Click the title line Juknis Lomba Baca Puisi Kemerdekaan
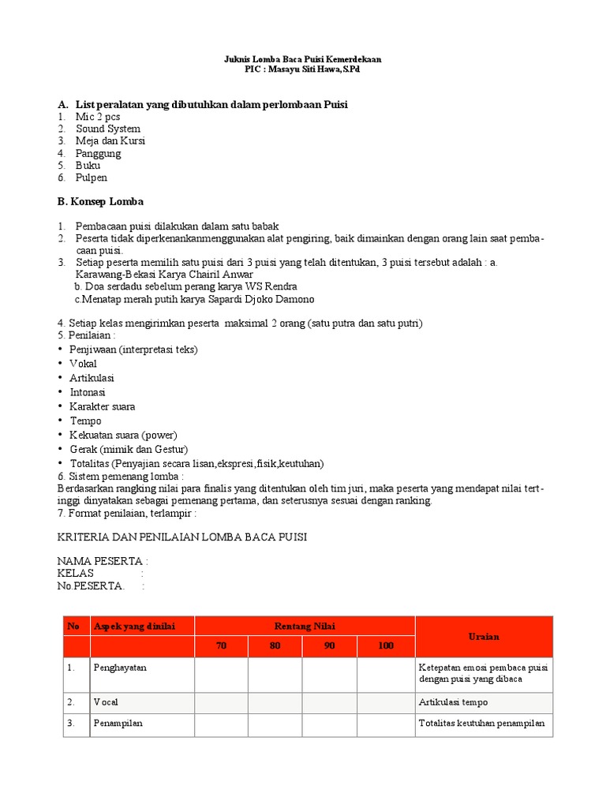coord(303,59)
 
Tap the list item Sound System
coord(108,129)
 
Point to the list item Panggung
coord(99,153)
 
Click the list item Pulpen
coord(92,178)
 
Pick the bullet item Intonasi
coord(88,392)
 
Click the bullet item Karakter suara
coord(103,406)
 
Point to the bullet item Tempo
coord(85,421)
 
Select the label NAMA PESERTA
coord(101,561)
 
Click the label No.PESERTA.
coord(90,585)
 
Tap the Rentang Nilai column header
coord(305,626)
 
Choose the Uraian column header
coord(484,636)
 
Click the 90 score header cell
coord(330,646)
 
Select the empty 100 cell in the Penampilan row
coord(385,724)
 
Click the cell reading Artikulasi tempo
coord(453,701)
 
